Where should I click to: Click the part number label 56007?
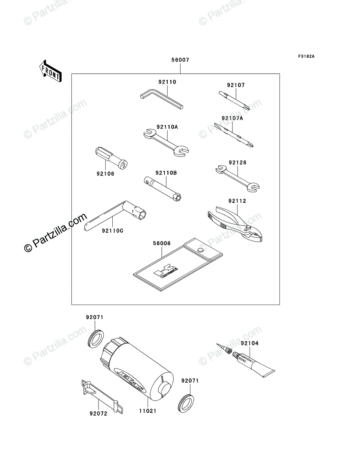point(180,60)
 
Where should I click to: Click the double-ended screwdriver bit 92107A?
point(234,135)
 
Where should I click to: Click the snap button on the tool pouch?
point(201,250)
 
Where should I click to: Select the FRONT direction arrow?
point(50,71)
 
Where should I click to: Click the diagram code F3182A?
point(306,57)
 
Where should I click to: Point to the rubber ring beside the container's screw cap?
point(95,337)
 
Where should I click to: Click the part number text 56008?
point(162,243)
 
